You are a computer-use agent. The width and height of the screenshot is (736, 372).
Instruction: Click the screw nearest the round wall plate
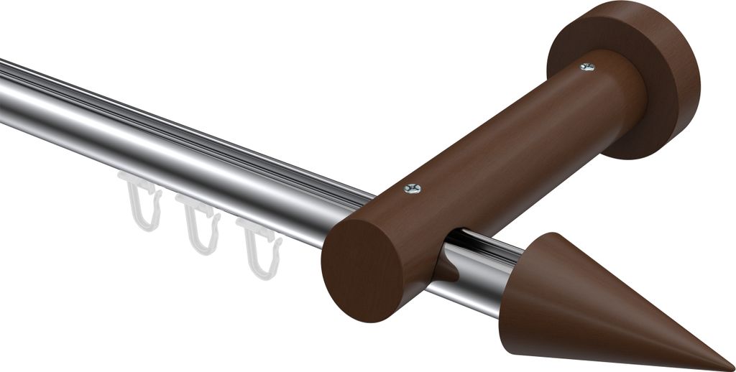tap(587, 67)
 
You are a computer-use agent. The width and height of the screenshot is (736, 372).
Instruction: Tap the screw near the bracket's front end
tap(412, 188)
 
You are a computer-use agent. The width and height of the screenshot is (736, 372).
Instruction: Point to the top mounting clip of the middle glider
tap(196, 208)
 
